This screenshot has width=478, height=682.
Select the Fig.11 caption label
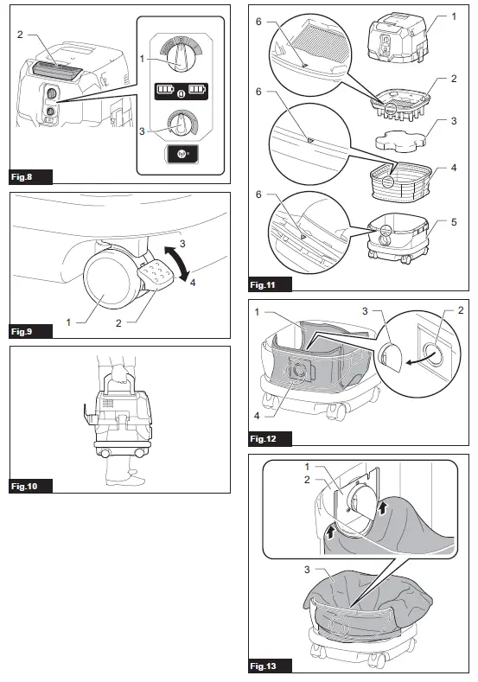point(268,284)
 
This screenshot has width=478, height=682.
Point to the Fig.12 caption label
point(268,438)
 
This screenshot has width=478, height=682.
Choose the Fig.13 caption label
point(268,666)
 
